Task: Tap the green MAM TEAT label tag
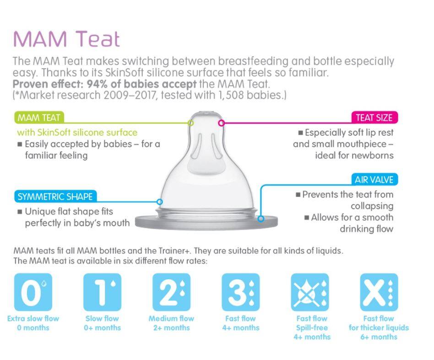[x=38, y=118]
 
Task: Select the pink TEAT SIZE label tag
[x=374, y=118]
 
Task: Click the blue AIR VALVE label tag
[x=374, y=179]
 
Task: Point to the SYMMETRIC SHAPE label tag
[x=55, y=197]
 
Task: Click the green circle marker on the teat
[x=191, y=123]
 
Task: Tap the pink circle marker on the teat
[x=222, y=123]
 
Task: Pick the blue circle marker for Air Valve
[x=261, y=219]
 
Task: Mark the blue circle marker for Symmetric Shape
[x=160, y=201]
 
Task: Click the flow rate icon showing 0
[x=33, y=292]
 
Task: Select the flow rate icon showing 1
[x=103, y=292]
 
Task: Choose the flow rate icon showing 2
[x=172, y=292]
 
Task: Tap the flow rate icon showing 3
[x=241, y=292]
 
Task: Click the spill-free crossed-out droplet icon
[x=310, y=292]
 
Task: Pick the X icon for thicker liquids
[x=379, y=292]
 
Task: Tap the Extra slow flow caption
[x=33, y=318]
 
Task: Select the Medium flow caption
[x=172, y=318]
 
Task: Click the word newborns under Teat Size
[x=372, y=155]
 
